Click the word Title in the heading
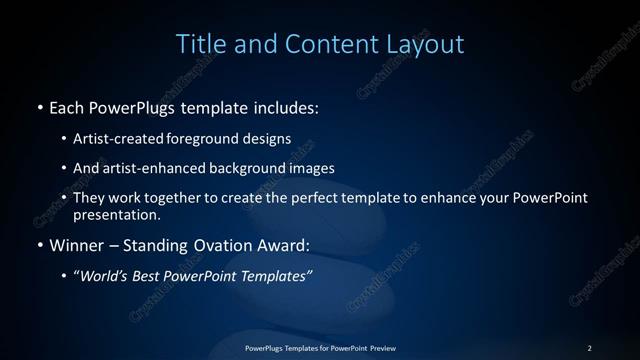point(199,44)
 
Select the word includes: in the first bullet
point(287,106)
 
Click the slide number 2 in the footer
point(589,347)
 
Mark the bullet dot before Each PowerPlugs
point(38,106)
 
